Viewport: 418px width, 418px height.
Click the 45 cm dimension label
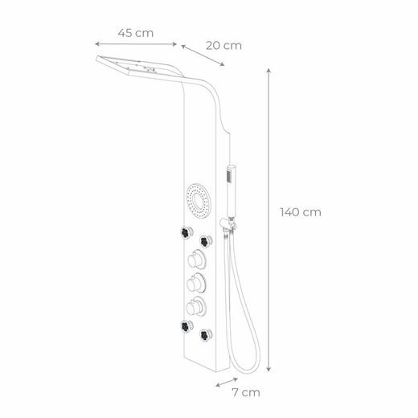pos(135,33)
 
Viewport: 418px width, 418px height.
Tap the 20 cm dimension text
pos(223,46)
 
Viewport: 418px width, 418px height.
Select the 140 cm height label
pos(301,212)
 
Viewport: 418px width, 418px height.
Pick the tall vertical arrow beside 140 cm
pos(268,217)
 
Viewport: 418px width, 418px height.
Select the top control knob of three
pos(194,260)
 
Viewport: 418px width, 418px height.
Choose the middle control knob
pos(194,283)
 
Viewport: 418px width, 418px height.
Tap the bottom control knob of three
pos(194,306)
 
